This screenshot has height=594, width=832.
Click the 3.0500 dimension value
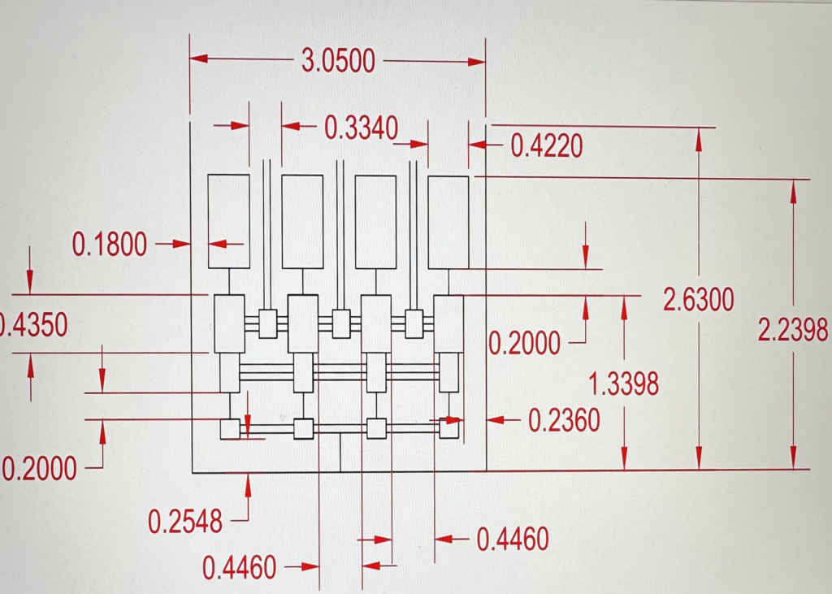pos(339,60)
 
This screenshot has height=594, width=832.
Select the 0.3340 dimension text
pos(362,128)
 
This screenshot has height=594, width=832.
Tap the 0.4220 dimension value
pos(547,145)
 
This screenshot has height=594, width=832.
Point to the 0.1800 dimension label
pos(110,245)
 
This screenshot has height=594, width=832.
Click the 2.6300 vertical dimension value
pos(699,299)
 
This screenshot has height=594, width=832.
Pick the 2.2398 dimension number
pos(793,330)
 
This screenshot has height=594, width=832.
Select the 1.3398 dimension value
pos(624,384)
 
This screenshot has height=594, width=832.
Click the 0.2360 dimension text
pos(564,421)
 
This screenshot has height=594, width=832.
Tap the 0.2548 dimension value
pos(185,522)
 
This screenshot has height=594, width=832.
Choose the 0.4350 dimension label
pos(33,325)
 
